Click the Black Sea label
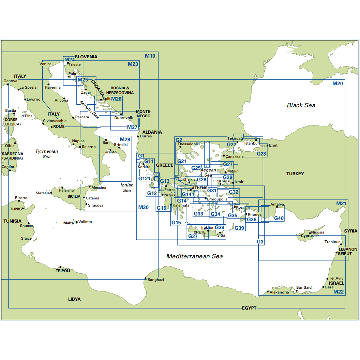301,105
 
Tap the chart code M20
337,84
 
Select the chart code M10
150,56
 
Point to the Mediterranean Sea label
194,256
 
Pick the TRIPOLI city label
63,271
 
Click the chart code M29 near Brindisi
125,139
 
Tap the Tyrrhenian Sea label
47,154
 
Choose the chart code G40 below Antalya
279,218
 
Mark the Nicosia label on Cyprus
318,232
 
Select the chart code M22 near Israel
339,292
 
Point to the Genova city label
10,81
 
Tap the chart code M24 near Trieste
70,60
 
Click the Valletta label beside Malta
85,222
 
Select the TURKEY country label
295,174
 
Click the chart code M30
144,207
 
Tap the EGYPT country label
249,308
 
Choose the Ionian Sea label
127,188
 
